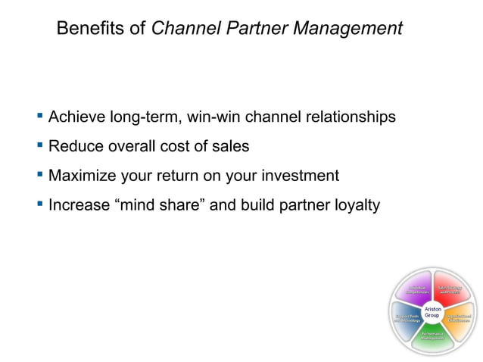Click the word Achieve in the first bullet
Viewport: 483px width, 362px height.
click(76, 117)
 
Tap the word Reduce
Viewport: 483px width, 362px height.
click(74, 146)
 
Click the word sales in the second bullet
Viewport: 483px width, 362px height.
click(231, 146)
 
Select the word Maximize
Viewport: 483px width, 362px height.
click(81, 176)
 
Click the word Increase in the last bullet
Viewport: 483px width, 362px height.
click(79, 204)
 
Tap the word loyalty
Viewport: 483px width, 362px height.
click(354, 204)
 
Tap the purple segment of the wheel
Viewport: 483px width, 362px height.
click(415, 289)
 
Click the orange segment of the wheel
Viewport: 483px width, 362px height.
click(458, 319)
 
